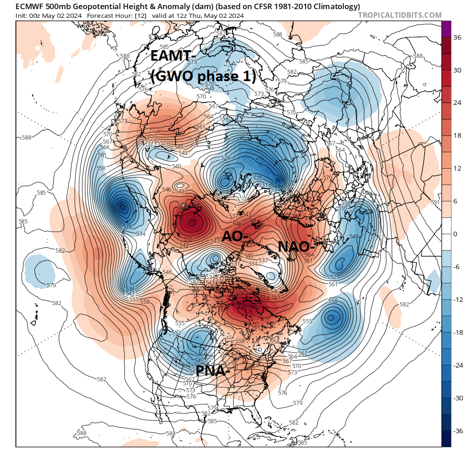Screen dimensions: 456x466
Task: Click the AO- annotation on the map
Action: [236, 236]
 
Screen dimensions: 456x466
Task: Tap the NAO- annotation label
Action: [297, 247]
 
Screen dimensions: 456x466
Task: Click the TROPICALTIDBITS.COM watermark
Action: [400, 15]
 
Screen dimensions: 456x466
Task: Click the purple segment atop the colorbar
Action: [446, 29]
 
